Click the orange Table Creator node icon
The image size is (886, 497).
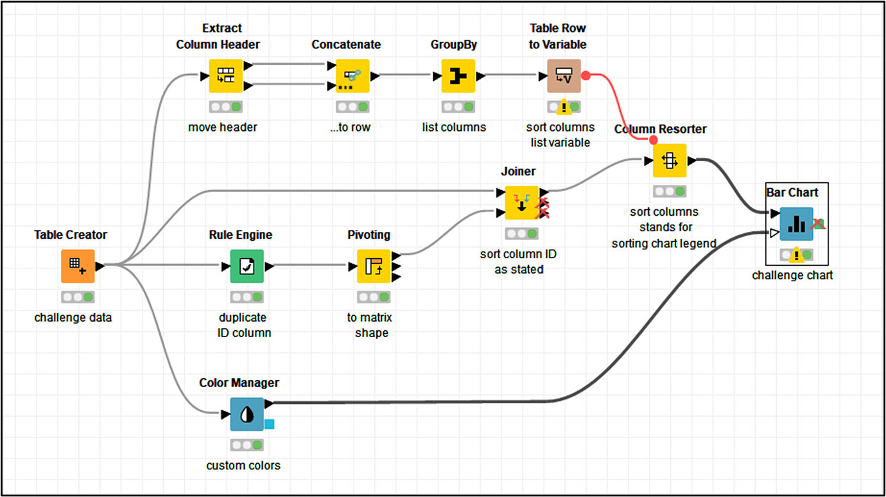click(x=78, y=266)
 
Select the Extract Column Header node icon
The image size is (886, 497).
click(x=225, y=76)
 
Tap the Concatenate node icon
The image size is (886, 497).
click(x=352, y=76)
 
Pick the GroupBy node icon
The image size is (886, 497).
click(x=458, y=76)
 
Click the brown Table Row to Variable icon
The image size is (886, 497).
click(x=563, y=76)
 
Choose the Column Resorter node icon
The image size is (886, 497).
click(x=670, y=161)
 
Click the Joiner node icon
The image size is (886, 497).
click(x=521, y=203)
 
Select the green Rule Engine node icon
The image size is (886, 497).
click(x=247, y=266)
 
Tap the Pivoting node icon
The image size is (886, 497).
click(x=374, y=266)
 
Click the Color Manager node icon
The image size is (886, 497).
click(x=247, y=414)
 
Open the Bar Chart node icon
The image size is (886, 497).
click(x=796, y=223)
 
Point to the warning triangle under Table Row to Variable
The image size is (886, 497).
click(x=564, y=106)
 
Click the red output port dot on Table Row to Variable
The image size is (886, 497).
click(x=586, y=76)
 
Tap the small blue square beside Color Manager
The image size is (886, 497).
click(x=270, y=424)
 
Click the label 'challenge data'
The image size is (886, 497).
click(x=73, y=317)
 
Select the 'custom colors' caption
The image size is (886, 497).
click(x=243, y=466)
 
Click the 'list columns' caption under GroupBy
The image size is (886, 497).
click(x=454, y=127)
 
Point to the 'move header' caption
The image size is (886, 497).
click(x=223, y=127)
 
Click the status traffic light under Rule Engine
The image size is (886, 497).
click(x=247, y=297)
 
